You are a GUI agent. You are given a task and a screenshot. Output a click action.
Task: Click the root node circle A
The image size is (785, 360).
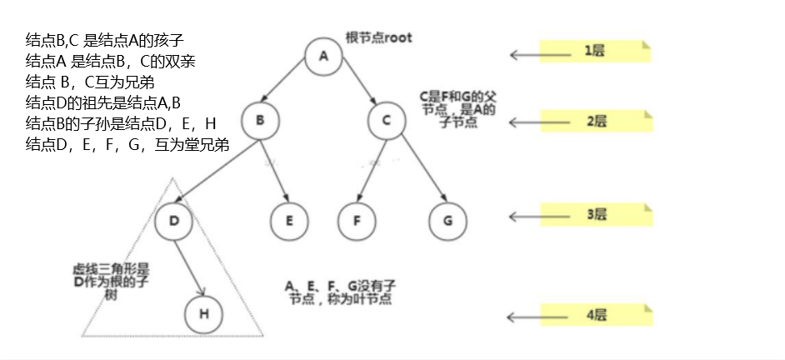[324, 56]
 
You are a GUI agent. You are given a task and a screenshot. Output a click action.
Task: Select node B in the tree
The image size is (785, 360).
[260, 121]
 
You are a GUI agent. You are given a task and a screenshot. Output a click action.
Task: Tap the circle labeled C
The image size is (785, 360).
[387, 121]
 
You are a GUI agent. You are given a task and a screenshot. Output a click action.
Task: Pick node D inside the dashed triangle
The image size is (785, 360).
[173, 221]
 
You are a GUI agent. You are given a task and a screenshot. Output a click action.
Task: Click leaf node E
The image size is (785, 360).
[289, 221]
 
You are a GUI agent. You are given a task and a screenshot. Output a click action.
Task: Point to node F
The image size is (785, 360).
[357, 221]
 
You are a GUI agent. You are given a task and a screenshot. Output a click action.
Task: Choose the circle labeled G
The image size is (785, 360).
[447, 221]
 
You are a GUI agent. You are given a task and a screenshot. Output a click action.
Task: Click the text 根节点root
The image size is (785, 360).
[378, 37]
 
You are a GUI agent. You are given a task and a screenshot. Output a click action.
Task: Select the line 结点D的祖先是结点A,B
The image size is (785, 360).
[103, 102]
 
